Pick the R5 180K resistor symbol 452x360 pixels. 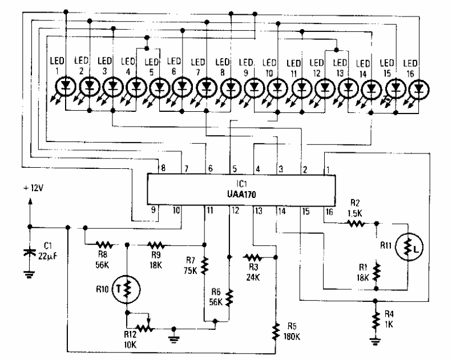(x=276, y=330)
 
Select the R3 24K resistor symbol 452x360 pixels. (x=253, y=257)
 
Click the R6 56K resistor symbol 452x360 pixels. (x=229, y=297)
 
